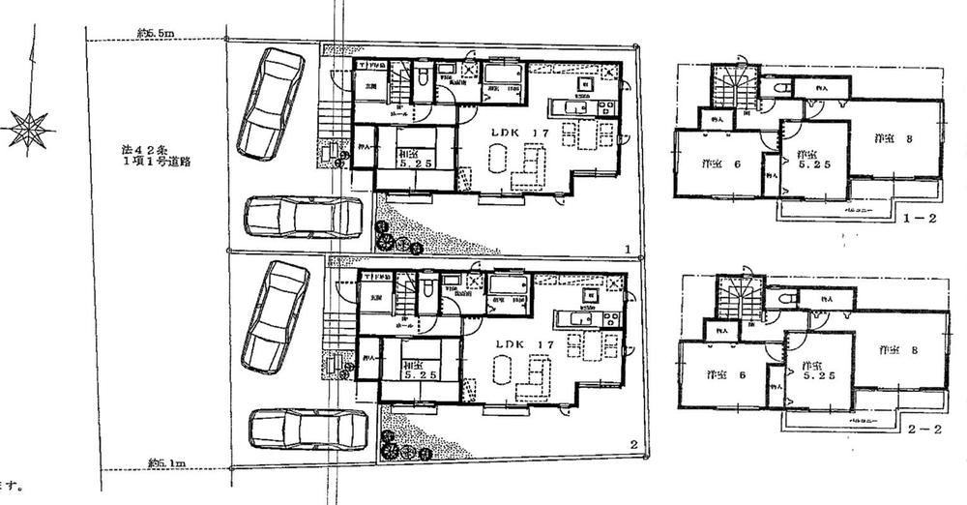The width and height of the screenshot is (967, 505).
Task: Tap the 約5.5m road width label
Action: tap(155, 35)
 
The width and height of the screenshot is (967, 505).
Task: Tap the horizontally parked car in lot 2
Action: tap(307, 428)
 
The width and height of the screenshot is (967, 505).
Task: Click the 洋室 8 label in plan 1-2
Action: tap(895, 139)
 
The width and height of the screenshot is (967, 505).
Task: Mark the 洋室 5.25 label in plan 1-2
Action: tap(811, 161)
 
